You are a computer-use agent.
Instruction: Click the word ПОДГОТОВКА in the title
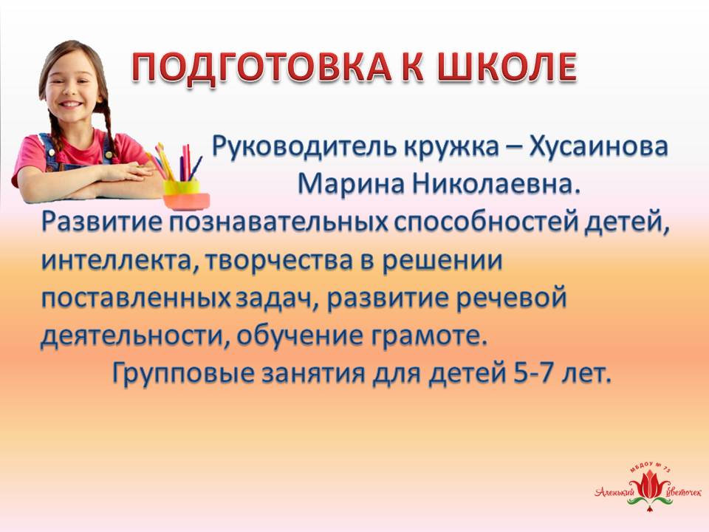coord(261,67)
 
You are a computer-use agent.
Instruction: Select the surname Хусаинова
coord(598,146)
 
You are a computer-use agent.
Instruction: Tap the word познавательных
coord(278,222)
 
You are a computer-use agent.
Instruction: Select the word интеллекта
coord(120,262)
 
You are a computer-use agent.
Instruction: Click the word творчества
coord(278,262)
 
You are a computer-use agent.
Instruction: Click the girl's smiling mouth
coord(73,104)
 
